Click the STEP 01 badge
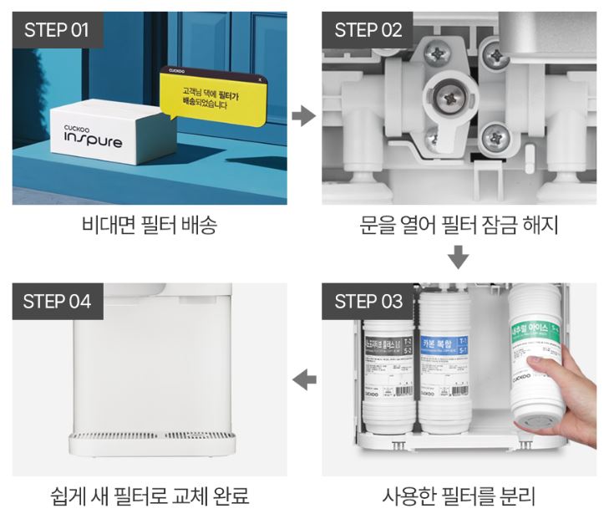click(57, 30)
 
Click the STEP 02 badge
click(368, 30)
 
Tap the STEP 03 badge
click(368, 301)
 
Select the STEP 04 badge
click(57, 301)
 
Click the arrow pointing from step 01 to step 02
click(303, 115)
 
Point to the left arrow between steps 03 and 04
click(304, 380)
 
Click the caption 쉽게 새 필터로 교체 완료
click(150, 497)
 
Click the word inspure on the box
click(94, 141)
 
